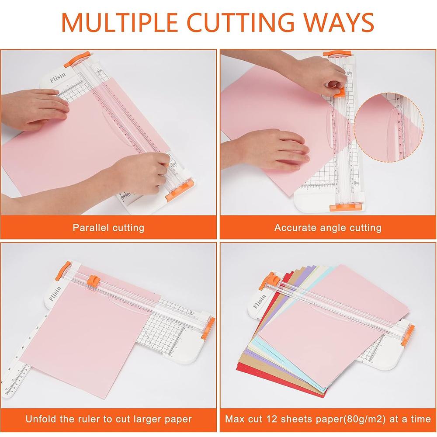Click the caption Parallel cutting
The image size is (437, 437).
(x=108, y=227)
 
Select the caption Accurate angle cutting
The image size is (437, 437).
(x=328, y=227)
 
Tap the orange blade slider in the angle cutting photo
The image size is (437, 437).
(x=339, y=91)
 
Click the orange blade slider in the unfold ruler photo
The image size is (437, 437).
(x=93, y=280)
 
